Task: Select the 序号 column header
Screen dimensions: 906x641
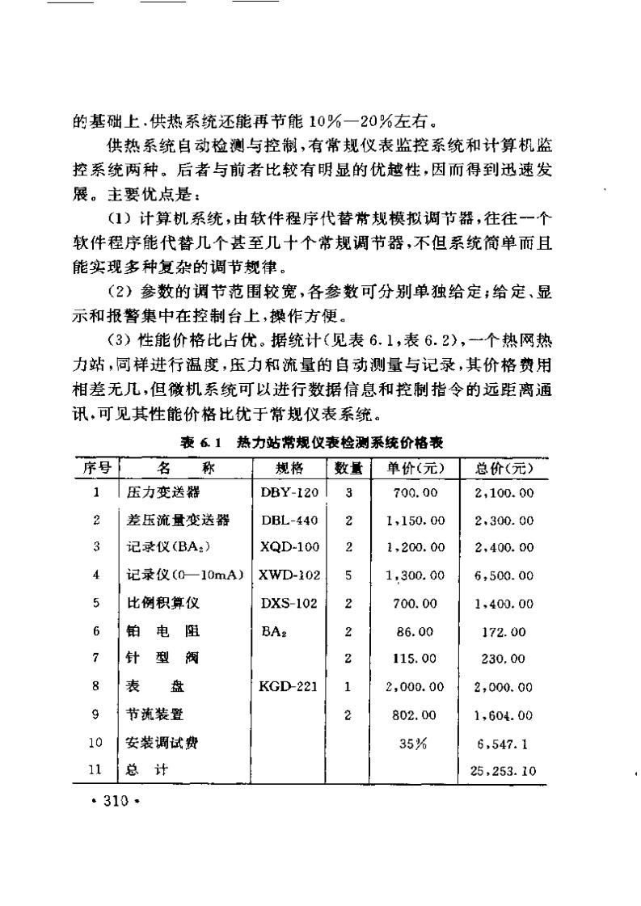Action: pos(96,468)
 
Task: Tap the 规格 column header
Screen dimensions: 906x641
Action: pos(289,468)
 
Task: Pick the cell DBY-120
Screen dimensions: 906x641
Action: pos(289,491)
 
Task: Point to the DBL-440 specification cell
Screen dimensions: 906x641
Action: pos(289,519)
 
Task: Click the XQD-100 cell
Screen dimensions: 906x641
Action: pos(289,547)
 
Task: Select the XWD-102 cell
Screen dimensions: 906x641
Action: pos(289,575)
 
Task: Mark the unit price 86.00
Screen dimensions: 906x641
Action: pos(415,631)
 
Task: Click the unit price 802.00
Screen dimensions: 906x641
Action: pos(415,715)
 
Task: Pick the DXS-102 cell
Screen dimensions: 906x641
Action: pos(289,603)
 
